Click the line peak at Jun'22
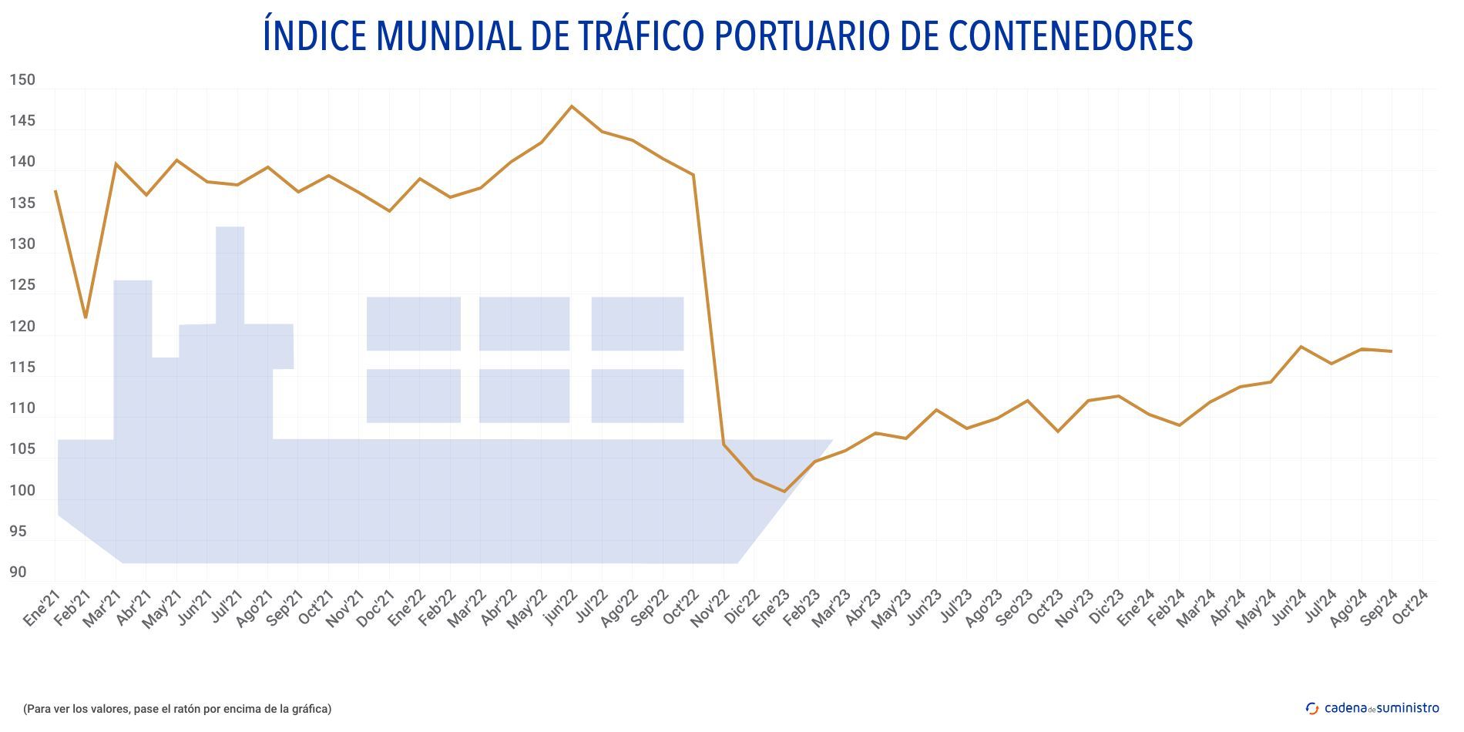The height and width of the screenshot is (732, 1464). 571,106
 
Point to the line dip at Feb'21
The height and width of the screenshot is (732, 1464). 86,317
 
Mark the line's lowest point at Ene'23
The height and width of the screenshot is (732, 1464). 784,491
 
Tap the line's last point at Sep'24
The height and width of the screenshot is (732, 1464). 1391,351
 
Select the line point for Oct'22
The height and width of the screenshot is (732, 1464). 693,175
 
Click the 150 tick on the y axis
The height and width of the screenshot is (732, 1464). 22,80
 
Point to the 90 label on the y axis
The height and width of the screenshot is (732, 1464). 18,573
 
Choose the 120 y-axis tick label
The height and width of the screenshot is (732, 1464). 22,327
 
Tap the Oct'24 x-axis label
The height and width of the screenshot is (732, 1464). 1412,607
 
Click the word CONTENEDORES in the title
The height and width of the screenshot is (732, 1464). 1070,35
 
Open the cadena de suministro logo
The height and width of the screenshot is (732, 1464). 1372,708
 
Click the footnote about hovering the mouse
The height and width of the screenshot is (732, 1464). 177,709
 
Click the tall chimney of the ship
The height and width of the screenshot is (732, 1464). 230,274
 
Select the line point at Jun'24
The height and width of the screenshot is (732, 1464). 1301,347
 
